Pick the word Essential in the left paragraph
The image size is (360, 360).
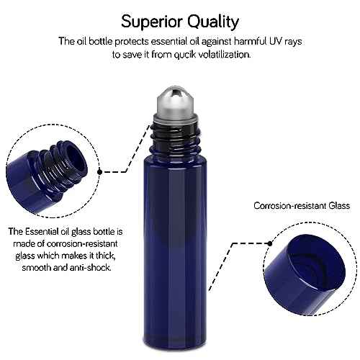click(x=48, y=232)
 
